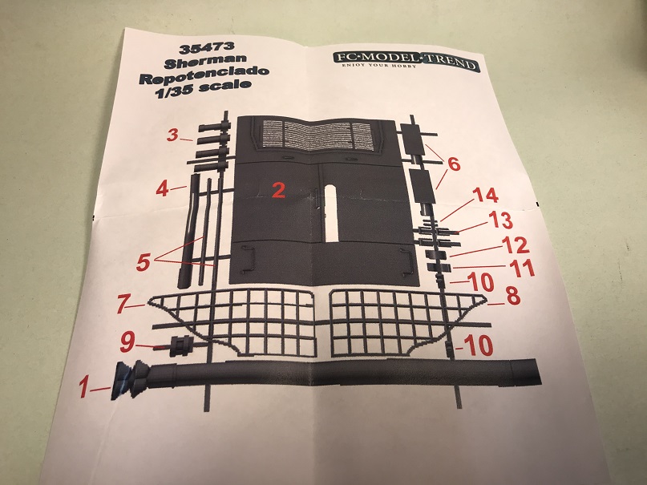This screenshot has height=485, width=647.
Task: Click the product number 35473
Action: pos(207,48)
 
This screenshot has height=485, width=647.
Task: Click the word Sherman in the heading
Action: pos(205,63)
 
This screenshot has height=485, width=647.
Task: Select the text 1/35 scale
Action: pos(203,89)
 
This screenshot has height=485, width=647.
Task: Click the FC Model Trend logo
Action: pos(406,63)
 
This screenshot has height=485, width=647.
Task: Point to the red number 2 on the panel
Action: pos(279,190)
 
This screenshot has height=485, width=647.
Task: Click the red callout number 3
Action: pos(173,135)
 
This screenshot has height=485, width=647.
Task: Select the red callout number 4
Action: pos(163,189)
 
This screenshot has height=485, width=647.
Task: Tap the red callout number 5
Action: pos(143,262)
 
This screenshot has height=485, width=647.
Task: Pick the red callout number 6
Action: pos(453,164)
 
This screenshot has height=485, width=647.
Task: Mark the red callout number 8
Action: pos(513,296)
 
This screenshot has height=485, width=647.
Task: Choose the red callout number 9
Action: pos(127,343)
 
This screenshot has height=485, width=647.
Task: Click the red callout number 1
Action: pos(83,388)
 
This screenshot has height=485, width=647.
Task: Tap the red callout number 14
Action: pos(485,196)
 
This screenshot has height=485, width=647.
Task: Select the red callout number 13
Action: pos(500,220)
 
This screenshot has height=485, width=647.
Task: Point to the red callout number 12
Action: pos(516,246)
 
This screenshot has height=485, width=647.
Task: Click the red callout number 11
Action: pos(523,269)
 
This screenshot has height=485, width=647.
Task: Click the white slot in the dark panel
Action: pos(331,212)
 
